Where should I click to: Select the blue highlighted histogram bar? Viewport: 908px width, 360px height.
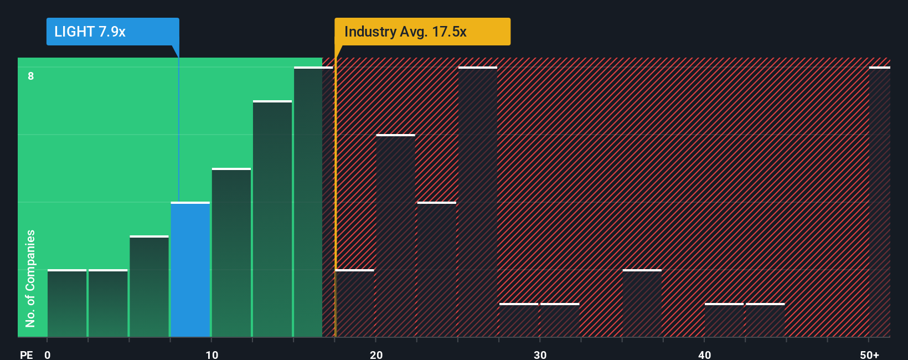(190, 270)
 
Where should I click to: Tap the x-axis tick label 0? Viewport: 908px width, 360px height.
(48, 355)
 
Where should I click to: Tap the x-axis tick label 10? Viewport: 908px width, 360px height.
(211, 355)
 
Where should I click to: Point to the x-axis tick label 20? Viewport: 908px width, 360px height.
(376, 355)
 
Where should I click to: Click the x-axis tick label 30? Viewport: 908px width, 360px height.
(540, 355)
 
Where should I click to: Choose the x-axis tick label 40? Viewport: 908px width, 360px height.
(704, 355)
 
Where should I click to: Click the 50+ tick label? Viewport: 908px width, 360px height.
(869, 355)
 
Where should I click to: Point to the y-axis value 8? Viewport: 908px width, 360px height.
(31, 76)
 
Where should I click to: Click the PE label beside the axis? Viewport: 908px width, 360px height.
(26, 355)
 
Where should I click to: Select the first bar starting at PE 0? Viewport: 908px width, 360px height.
(67, 304)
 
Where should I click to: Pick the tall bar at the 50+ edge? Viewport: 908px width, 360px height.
(879, 202)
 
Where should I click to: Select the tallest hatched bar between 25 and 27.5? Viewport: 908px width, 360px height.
(478, 202)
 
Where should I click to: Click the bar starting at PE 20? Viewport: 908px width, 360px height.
(395, 236)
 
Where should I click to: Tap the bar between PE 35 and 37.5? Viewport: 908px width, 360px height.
(642, 304)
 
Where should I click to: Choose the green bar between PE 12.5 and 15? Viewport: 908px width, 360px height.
(272, 219)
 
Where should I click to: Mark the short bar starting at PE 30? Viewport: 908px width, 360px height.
(560, 320)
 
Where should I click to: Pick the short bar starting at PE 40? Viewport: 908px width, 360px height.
(724, 320)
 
